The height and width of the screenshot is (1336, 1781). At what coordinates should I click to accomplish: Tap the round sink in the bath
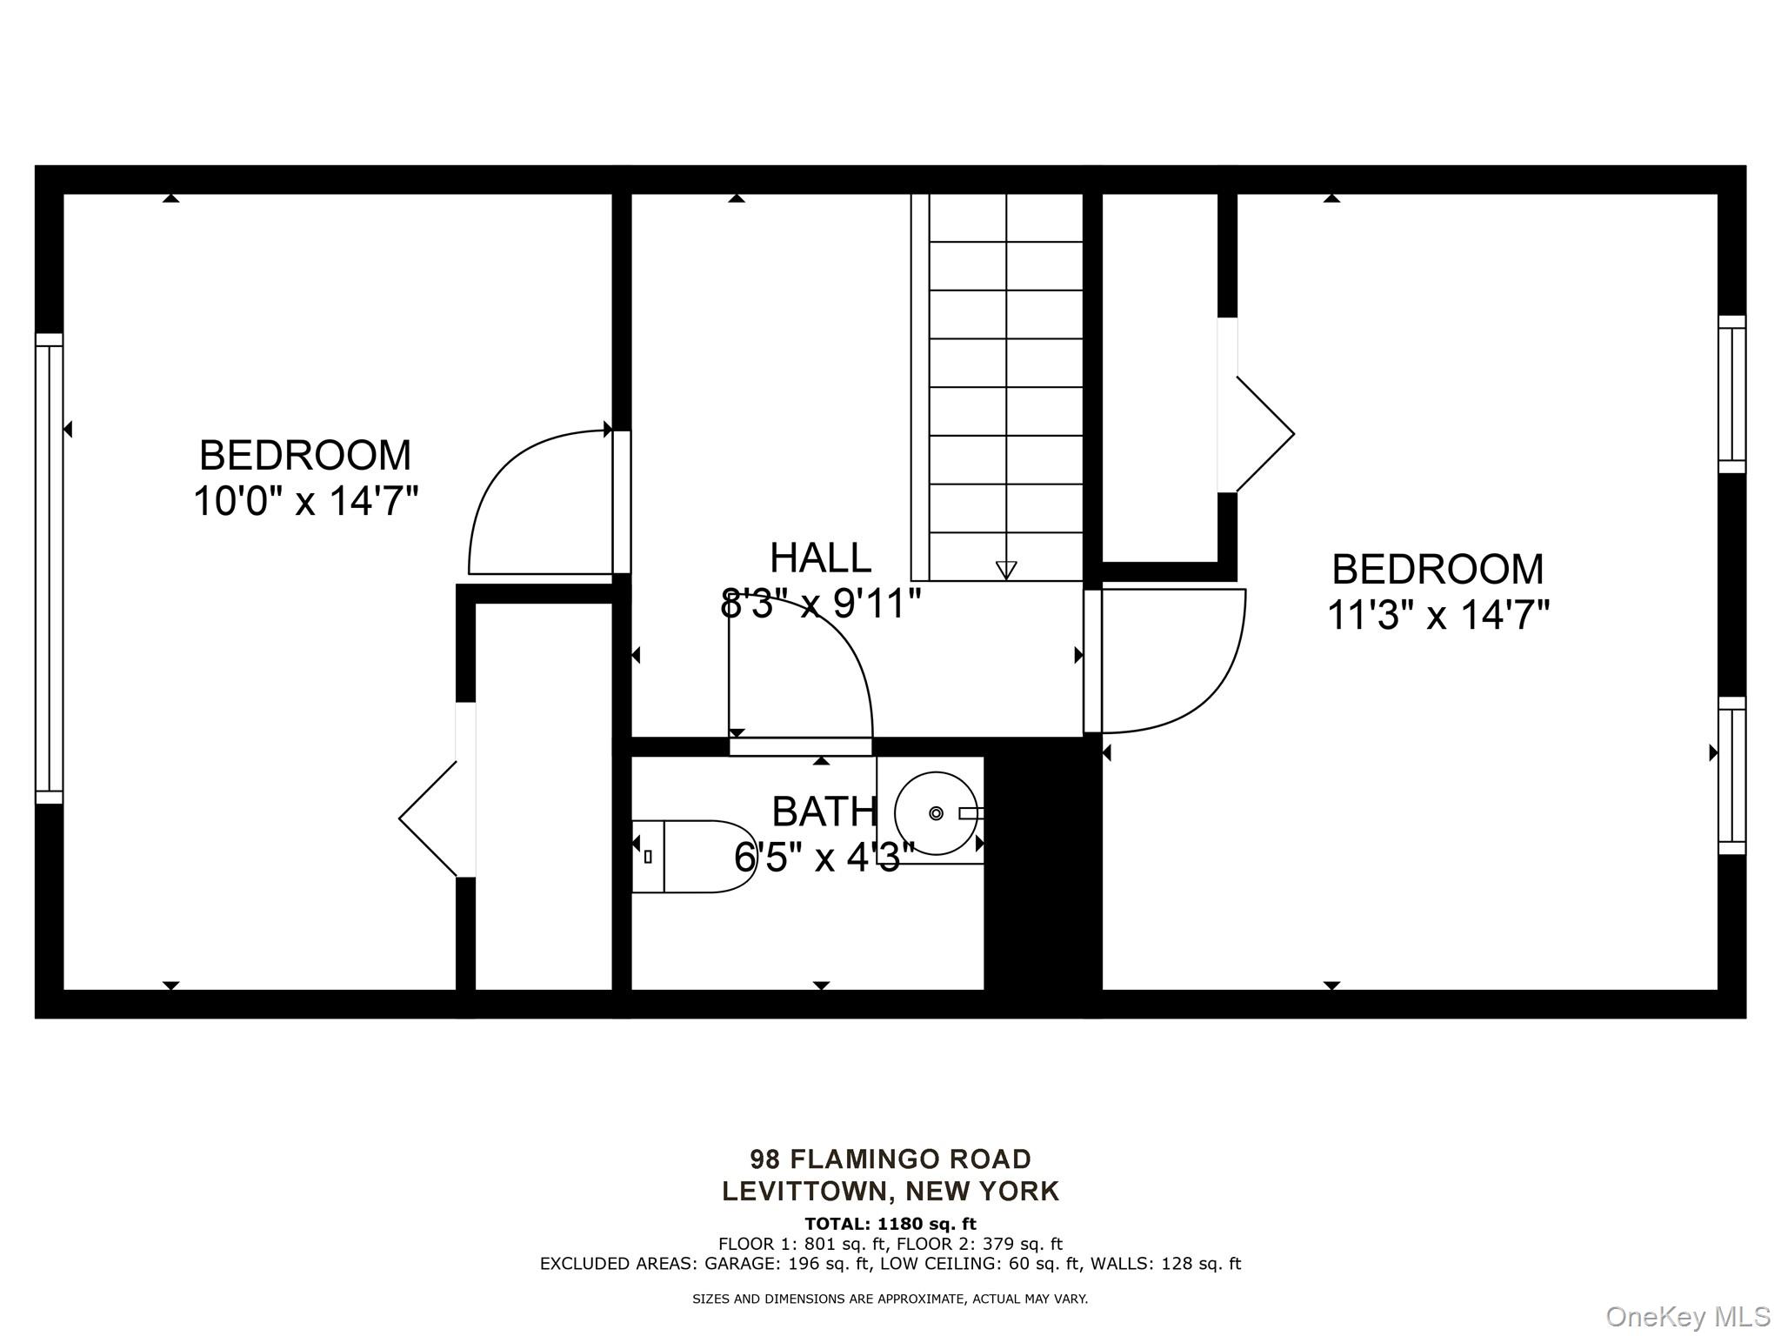[x=937, y=813]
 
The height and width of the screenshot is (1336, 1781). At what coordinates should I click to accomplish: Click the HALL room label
[x=820, y=558]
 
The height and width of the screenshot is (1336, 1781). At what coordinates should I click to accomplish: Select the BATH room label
[x=824, y=812]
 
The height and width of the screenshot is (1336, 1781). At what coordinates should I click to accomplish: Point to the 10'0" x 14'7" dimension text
[x=305, y=502]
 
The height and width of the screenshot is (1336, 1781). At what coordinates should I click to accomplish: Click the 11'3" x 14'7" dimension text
[x=1437, y=616]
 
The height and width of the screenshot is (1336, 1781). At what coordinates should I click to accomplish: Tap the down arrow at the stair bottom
[x=1006, y=570]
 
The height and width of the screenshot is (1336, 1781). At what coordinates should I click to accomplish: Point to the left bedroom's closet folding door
[x=428, y=818]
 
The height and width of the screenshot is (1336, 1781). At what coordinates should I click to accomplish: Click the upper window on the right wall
[x=1731, y=394]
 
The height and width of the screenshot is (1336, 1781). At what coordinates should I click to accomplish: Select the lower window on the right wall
[x=1731, y=775]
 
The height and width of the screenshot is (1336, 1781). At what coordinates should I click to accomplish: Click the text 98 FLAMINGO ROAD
[x=890, y=1159]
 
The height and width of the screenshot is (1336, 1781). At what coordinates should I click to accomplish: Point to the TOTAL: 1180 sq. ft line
[x=890, y=1224]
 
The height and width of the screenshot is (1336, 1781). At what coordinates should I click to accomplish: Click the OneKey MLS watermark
[x=1687, y=1316]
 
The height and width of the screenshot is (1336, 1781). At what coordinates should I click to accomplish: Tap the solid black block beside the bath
[x=1042, y=870]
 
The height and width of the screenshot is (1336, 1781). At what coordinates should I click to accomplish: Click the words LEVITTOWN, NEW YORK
[x=890, y=1191]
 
